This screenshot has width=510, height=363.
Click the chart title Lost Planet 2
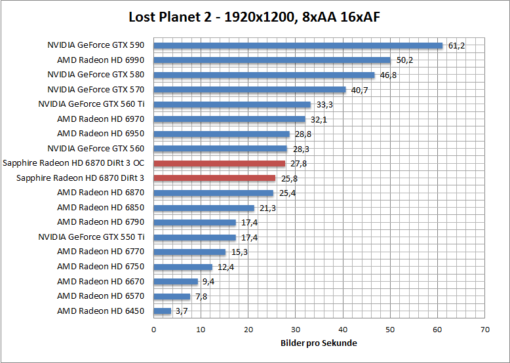click(x=254, y=17)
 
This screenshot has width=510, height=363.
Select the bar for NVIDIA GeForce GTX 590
click(x=298, y=45)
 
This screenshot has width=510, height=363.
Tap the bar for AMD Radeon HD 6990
click(x=272, y=60)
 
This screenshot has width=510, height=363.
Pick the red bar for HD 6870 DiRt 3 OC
click(x=219, y=163)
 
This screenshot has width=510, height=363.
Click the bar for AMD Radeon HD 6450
click(x=162, y=311)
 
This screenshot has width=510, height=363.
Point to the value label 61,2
click(x=457, y=46)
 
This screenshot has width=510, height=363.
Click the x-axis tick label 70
click(x=484, y=330)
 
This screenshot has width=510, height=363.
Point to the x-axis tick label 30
click(x=296, y=330)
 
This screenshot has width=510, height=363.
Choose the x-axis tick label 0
click(x=154, y=330)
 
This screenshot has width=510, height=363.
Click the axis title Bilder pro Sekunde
click(x=319, y=343)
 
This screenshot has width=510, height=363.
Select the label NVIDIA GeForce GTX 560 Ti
click(x=91, y=104)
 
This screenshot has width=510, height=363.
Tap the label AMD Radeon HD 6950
click(x=100, y=134)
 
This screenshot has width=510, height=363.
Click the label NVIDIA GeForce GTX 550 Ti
click(x=91, y=237)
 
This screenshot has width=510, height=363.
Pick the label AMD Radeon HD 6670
click(x=100, y=281)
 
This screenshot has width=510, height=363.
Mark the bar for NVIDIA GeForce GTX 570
click(x=250, y=90)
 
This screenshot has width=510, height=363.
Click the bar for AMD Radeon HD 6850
click(x=204, y=208)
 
